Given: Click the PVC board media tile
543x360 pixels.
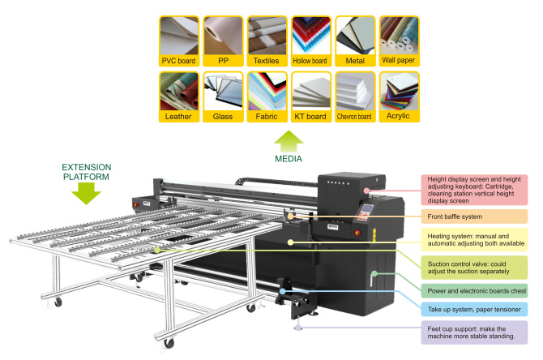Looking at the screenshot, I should coord(179,40).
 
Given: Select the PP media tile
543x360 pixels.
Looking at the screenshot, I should coord(223,40).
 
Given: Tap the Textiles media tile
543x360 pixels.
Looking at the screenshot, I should coord(267,40).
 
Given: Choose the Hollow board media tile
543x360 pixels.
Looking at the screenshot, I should coord(310,40).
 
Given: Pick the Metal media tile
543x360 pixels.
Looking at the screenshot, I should coord(354,40).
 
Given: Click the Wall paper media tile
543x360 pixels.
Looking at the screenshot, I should coord(398,40).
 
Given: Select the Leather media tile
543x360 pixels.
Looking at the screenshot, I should coord(179,96).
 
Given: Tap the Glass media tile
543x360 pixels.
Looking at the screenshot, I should coord(223,96).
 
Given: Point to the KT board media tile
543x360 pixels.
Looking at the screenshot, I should coord(310,96).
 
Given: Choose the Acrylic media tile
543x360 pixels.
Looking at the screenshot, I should coord(398,96).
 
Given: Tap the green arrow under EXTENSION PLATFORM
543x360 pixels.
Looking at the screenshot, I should coord(85,192).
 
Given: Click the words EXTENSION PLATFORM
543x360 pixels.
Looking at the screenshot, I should coord(85,171).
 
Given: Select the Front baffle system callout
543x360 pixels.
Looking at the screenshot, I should coord(474,216).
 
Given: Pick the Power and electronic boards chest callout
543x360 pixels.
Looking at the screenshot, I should coord(474,289).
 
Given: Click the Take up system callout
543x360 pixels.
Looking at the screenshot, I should coord(474,309).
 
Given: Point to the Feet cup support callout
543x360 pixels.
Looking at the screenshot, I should coord(474,332).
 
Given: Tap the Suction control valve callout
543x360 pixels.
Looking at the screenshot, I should coord(474,267).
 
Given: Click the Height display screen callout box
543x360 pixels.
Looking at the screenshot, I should coord(474,189).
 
